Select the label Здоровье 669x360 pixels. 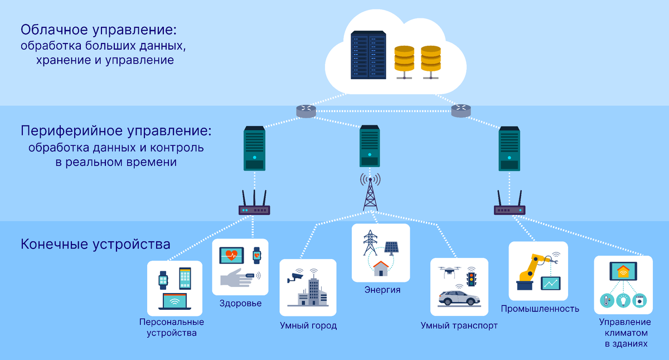pyautogui.click(x=240, y=304)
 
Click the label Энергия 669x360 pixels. pyautogui.click(x=382, y=290)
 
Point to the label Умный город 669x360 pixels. pyautogui.click(x=308, y=325)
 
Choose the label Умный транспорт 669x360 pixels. pyautogui.click(x=459, y=325)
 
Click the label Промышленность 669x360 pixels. pyautogui.click(x=540, y=308)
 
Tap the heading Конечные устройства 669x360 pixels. pyautogui.click(x=95, y=244)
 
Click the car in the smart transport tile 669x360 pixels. pyautogui.click(x=459, y=298)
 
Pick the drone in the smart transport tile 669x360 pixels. pyautogui.click(x=447, y=271)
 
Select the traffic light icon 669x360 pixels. pyautogui.click(x=472, y=277)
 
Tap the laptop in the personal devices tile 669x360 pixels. pyautogui.click(x=174, y=301)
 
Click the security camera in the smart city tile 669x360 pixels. pyautogui.click(x=294, y=277)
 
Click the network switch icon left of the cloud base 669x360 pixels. pyautogui.click(x=306, y=111)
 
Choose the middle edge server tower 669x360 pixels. pyautogui.click(x=370, y=146)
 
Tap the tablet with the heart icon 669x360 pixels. pyautogui.click(x=231, y=256)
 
